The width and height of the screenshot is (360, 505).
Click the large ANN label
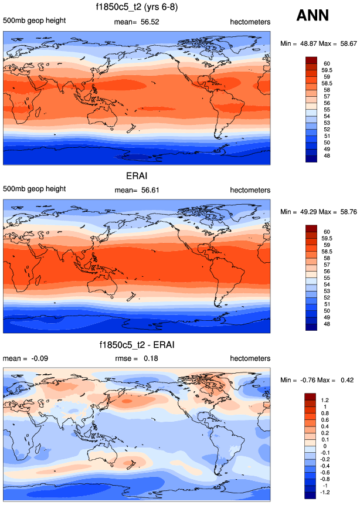(317, 15)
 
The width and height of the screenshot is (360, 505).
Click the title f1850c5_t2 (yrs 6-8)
(136, 8)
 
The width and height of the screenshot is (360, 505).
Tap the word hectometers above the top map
(250, 22)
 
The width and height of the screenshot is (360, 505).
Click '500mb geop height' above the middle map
(34, 190)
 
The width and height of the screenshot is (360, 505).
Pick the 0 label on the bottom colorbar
(324, 446)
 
